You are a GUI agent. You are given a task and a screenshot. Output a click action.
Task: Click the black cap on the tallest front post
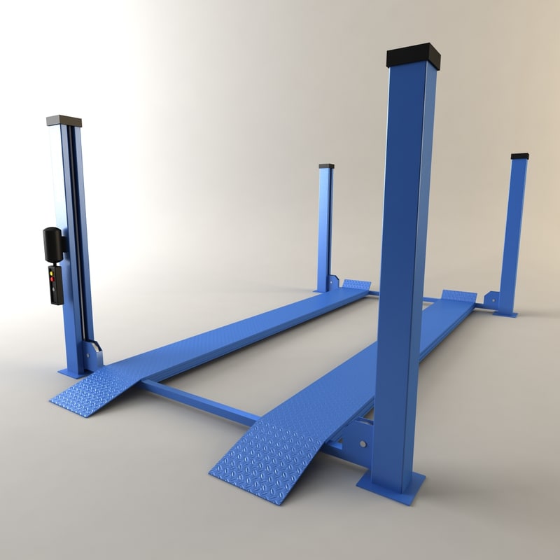pos(412,58)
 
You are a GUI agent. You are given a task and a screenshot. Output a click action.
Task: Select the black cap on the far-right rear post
pos(519,155)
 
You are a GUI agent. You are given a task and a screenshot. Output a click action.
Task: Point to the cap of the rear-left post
pos(326,166)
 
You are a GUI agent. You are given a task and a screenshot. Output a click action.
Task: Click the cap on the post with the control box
pos(64,120)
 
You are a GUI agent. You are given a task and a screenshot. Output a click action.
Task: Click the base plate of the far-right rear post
pos(505,314)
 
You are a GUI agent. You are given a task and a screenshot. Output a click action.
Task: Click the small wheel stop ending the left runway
pos(356,285)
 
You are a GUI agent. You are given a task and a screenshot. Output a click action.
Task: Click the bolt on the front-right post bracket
pos(362,442)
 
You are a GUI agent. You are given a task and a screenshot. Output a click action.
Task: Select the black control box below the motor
pos(55,283)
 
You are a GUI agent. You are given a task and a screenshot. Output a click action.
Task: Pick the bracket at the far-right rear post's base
pos(491,300)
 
